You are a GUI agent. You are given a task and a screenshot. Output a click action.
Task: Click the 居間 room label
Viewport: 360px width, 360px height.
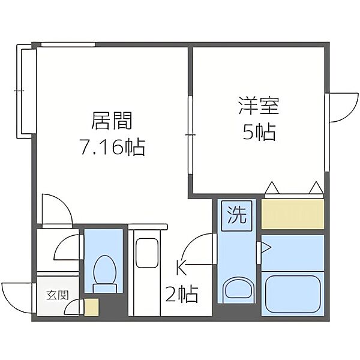point(112,121)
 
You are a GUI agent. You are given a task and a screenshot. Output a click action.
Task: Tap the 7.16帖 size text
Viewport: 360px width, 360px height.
point(113,147)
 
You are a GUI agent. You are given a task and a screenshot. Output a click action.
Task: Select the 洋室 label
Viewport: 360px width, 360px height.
point(259,106)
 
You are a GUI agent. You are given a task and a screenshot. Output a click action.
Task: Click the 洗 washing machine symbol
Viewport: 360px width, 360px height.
point(237,215)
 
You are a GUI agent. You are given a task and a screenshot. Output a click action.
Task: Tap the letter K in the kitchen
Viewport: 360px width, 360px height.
point(181,268)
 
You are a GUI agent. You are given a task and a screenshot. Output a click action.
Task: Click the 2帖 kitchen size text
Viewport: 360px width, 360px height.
point(182,293)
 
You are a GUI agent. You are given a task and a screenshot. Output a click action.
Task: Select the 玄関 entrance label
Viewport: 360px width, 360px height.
point(58,295)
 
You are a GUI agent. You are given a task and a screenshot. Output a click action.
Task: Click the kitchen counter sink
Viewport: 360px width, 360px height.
point(147,253)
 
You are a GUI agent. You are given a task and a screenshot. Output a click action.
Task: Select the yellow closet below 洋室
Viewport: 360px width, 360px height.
point(293,214)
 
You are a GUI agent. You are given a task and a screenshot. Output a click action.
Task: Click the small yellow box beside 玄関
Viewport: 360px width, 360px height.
point(91,307)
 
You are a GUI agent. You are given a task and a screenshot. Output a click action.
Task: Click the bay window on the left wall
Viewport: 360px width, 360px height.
point(26,91)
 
